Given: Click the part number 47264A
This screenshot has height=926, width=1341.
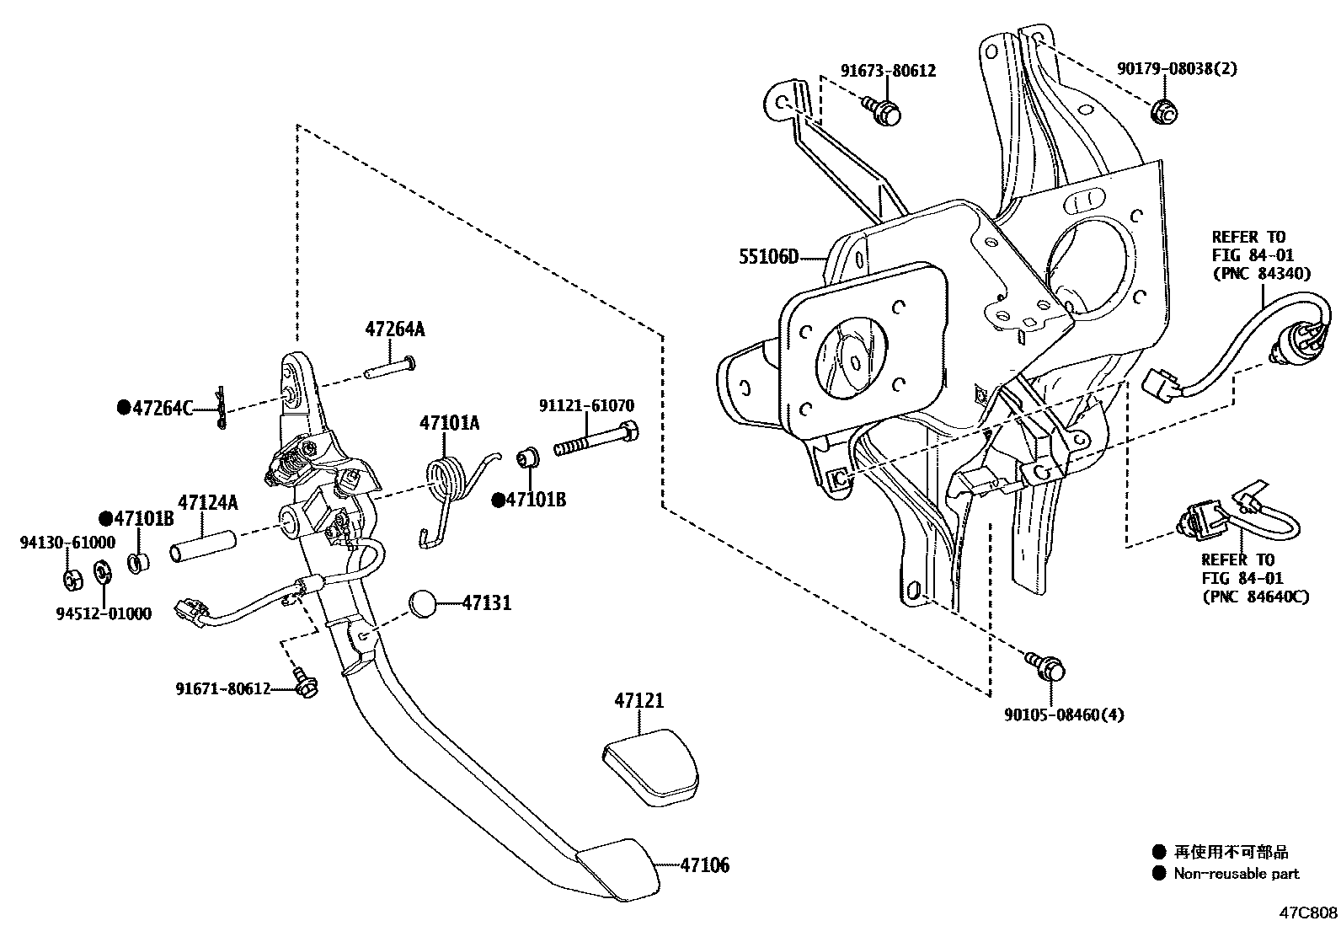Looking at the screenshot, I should pyautogui.click(x=394, y=329).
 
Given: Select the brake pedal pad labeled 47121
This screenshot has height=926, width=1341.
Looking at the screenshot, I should pyautogui.click(x=650, y=768).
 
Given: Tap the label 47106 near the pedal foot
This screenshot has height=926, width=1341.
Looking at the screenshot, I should pyautogui.click(x=704, y=865).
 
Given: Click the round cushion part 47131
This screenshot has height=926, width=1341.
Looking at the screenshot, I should pyautogui.click(x=424, y=605).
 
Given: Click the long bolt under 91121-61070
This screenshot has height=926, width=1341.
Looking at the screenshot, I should pyautogui.click(x=595, y=442).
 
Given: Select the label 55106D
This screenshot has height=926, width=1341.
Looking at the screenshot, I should pyautogui.click(x=768, y=257).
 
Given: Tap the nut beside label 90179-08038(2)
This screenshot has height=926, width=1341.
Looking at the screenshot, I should pyautogui.click(x=1164, y=111).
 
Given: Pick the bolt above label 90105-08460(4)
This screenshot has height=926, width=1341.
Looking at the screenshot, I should pyautogui.click(x=1046, y=667).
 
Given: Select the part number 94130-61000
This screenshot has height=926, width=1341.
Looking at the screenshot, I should pyautogui.click(x=67, y=543).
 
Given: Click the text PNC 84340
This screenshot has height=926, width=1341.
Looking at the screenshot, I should pyautogui.click(x=1261, y=273).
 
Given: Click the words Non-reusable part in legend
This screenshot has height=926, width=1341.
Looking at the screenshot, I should pyautogui.click(x=1236, y=874).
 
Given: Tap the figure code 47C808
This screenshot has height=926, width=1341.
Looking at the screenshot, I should pyautogui.click(x=1308, y=913).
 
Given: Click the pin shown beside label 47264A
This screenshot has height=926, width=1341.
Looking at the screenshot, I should pyautogui.click(x=390, y=367).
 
